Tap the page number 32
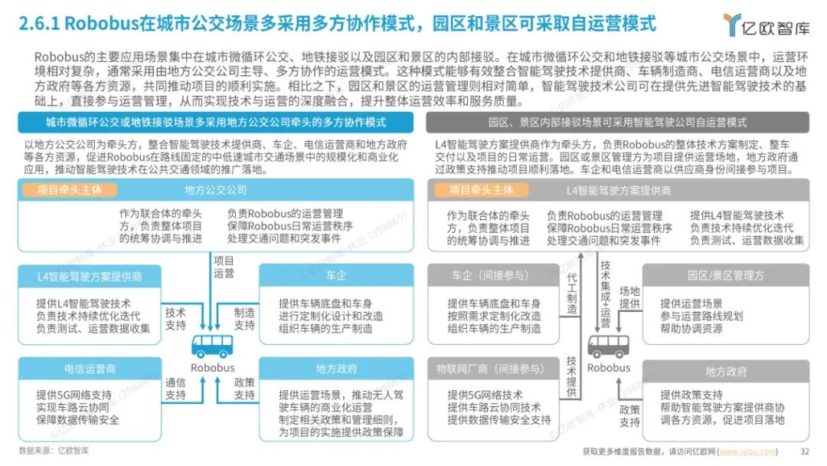click(x=804, y=451)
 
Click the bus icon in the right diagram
click(x=608, y=346)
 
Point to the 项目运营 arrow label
click(x=224, y=267)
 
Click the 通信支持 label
click(x=175, y=389)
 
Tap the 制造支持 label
click(x=244, y=319)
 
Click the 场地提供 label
click(x=629, y=298)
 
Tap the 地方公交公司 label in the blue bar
click(x=215, y=189)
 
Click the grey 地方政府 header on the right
click(x=725, y=372)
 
